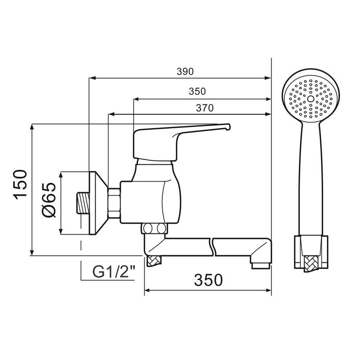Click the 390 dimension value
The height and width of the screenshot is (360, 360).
[185, 72]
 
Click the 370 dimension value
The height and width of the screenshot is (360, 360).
[205, 108]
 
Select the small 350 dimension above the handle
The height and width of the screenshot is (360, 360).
[197, 92]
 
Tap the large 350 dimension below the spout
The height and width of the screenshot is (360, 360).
[208, 280]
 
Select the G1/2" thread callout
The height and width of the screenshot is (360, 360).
[113, 272]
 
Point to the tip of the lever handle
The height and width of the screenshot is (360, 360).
[228, 127]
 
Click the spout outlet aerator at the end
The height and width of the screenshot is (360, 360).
[260, 265]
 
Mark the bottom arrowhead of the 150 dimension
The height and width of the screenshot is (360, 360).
[32, 253]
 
